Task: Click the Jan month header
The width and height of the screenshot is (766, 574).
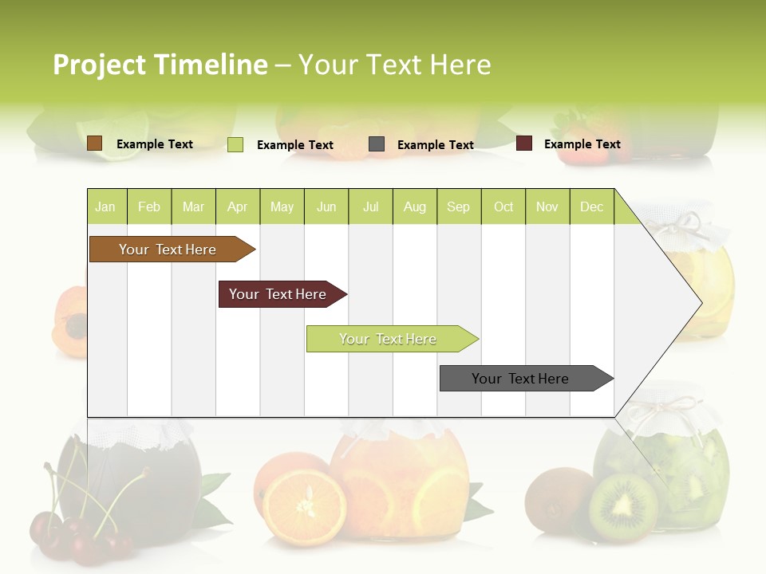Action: click(105, 206)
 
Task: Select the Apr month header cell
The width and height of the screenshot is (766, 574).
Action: click(237, 206)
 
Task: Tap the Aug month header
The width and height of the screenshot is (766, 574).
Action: click(414, 206)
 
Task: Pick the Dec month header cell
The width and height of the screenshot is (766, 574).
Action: click(591, 206)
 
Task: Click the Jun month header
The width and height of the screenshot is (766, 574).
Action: click(326, 206)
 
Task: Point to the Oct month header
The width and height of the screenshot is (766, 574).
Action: click(503, 206)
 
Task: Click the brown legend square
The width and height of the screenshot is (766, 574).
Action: click(94, 143)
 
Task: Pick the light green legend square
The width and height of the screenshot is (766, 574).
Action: click(235, 144)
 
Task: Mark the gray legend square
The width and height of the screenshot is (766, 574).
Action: click(377, 144)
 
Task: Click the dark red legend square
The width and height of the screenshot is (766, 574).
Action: click(524, 143)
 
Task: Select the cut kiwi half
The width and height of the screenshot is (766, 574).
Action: click(623, 508)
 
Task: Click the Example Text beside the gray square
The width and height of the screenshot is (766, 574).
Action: click(435, 145)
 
